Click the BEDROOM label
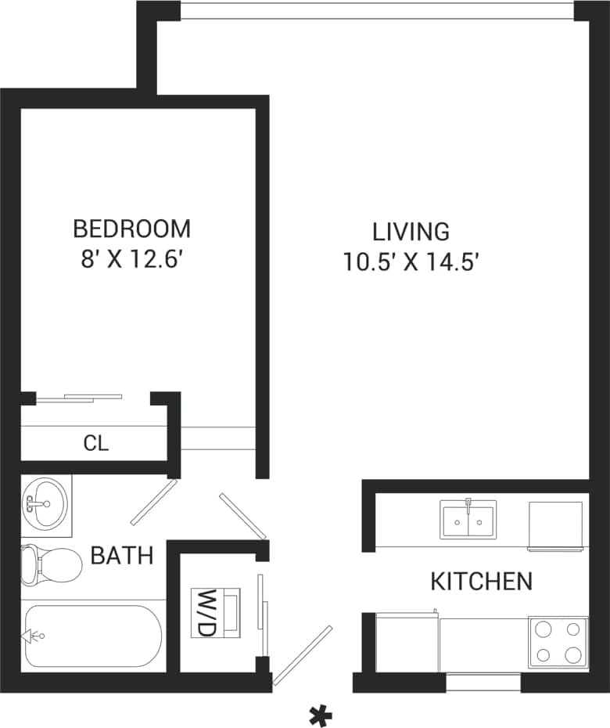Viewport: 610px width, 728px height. click(x=131, y=229)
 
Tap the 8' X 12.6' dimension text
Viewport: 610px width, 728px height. click(x=131, y=259)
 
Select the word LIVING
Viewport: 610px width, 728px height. click(x=411, y=232)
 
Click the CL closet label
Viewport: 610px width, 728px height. click(x=95, y=444)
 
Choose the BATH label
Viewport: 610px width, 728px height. click(x=121, y=556)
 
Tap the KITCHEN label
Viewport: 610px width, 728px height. click(x=482, y=581)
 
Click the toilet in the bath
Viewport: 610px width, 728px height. click(x=51, y=564)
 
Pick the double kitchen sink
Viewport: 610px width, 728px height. click(x=468, y=519)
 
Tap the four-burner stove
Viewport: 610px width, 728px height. click(x=558, y=642)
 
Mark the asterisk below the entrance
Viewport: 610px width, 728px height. click(x=321, y=715)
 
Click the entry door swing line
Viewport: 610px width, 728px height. click(x=303, y=654)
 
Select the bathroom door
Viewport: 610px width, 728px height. click(x=153, y=503)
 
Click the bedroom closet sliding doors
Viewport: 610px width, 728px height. click(x=80, y=398)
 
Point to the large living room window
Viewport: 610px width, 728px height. click(x=377, y=11)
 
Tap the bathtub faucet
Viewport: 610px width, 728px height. click(x=34, y=636)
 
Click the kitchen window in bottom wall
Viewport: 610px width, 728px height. click(x=483, y=682)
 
